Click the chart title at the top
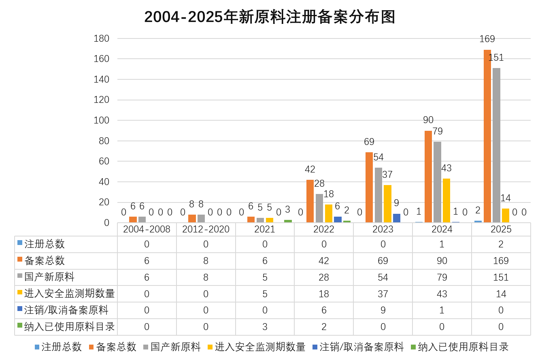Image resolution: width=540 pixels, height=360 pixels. (270, 17)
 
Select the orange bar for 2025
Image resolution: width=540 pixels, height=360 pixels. (487, 136)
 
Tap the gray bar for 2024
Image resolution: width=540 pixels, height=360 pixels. (437, 182)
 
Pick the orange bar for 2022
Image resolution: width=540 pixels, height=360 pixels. (310, 201)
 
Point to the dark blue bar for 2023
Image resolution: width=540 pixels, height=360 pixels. (397, 218)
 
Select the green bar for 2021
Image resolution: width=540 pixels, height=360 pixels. (288, 221)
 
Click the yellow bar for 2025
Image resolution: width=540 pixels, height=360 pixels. (506, 215)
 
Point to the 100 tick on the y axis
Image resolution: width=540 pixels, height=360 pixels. (102, 120)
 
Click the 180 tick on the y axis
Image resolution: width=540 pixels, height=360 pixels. (102, 38)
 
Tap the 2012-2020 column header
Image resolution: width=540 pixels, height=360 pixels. (206, 229)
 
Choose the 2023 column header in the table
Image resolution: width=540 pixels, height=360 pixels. (383, 229)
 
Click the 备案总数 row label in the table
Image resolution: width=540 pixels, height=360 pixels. (45, 261)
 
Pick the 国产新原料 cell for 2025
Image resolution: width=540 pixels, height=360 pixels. (501, 277)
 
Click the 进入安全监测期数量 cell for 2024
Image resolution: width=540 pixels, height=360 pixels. (442, 294)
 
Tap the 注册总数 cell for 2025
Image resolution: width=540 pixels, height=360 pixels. (501, 244)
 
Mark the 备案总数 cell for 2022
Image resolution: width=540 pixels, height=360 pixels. (323, 261)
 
